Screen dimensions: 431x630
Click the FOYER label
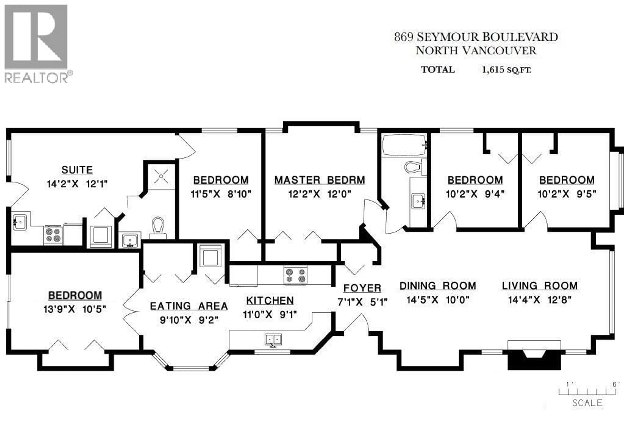(362, 288)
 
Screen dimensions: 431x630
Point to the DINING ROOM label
(438, 286)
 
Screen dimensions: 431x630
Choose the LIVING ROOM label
(539, 286)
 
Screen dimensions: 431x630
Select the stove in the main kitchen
(295, 275)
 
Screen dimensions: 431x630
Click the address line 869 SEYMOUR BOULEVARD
(476, 37)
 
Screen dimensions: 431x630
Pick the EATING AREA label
(189, 306)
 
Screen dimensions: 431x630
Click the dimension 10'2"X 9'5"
(567, 194)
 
